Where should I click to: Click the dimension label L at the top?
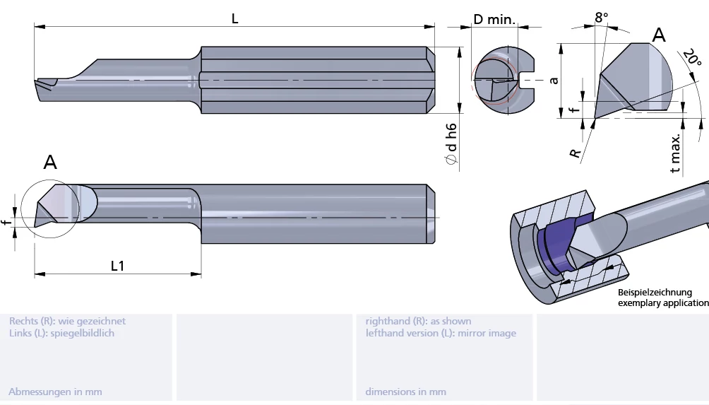[x=234, y=19]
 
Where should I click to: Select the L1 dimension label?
[x=117, y=266]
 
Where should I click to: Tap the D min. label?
[x=494, y=19]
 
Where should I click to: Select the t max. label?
[x=676, y=153]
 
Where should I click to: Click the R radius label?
[x=576, y=153]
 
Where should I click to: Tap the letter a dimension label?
[x=554, y=80]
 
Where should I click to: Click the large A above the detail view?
[x=659, y=35]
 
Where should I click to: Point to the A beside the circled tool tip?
[x=50, y=163]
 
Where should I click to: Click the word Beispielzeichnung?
[x=655, y=292]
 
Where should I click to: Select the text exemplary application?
[x=663, y=303]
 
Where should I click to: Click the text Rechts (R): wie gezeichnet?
[x=67, y=321]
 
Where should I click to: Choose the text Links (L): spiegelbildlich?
[x=61, y=333]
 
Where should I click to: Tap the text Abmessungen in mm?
[x=55, y=392]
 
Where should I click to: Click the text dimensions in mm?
[x=405, y=392]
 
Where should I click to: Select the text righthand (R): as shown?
[x=418, y=321]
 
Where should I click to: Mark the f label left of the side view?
[x=6, y=223]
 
